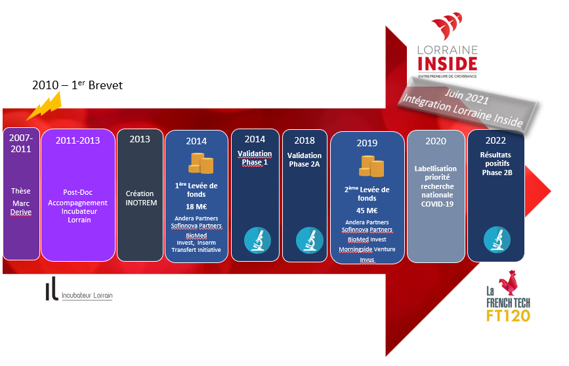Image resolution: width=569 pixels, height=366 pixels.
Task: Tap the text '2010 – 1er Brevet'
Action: point(77,85)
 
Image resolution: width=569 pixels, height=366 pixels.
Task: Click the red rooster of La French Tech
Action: point(509,282)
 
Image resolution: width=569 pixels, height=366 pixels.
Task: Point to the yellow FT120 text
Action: point(508,315)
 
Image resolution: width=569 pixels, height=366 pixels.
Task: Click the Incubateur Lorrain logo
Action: point(79,289)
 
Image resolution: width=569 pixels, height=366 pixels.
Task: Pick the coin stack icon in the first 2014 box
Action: point(201,163)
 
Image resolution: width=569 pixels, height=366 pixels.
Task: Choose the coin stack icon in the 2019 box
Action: point(371,166)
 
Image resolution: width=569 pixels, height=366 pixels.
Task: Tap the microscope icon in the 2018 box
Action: point(310,240)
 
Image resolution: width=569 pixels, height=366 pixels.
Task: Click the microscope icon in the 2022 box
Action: point(497,240)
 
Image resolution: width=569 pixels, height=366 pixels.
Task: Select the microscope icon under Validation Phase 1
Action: point(257,240)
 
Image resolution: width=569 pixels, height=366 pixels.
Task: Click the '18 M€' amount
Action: point(196,207)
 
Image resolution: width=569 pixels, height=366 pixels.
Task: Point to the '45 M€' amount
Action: point(367,211)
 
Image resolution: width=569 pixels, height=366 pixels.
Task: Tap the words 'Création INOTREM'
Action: point(141,198)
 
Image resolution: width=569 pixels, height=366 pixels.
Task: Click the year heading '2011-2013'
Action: point(77,140)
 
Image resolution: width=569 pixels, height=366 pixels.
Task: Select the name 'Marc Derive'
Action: point(21,208)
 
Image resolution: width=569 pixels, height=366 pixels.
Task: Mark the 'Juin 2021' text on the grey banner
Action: point(467,96)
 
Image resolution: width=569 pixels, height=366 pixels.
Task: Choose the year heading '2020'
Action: point(436,141)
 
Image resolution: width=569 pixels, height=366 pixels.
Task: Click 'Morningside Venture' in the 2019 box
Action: point(367,249)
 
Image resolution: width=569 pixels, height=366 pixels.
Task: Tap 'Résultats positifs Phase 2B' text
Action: point(496,163)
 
